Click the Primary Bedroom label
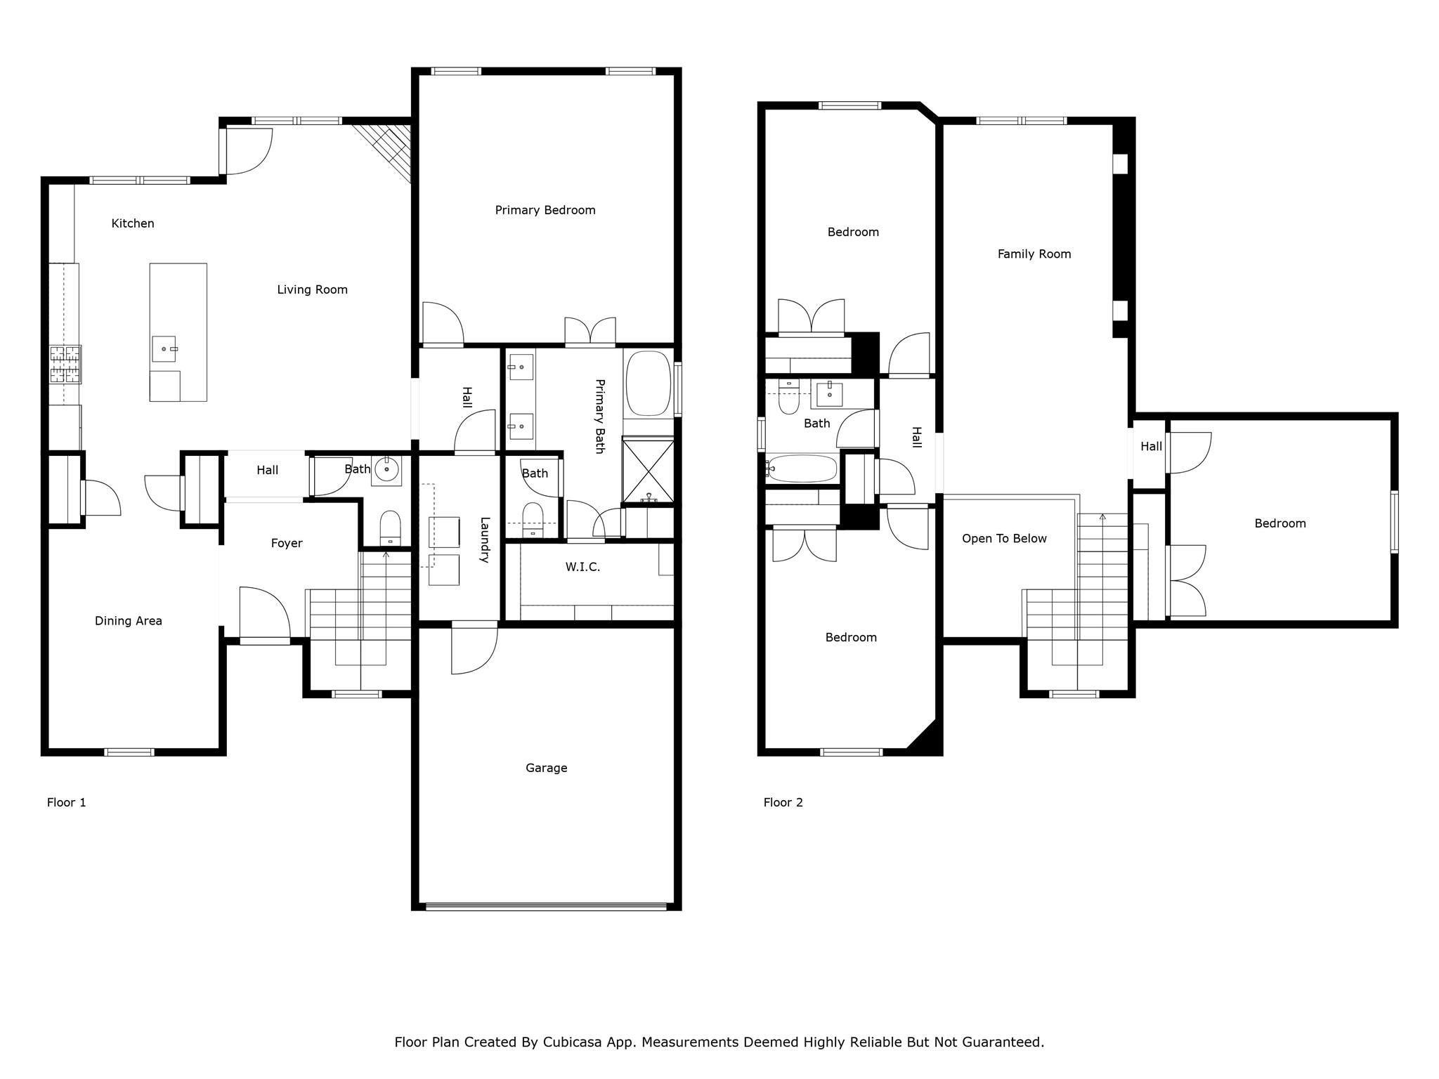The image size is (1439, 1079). click(x=545, y=210)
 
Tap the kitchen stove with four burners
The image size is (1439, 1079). click(x=65, y=364)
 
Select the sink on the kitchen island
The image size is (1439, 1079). click(x=164, y=348)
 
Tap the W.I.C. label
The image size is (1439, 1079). click(x=582, y=567)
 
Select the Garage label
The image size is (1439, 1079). click(x=546, y=768)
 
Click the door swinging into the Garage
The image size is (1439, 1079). click(x=472, y=650)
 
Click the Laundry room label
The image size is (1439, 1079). click(x=484, y=539)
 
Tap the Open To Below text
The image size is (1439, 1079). click(x=1004, y=539)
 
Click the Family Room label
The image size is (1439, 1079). click(x=1034, y=254)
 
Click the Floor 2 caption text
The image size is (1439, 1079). click(x=783, y=802)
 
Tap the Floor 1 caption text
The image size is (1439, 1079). click(x=66, y=802)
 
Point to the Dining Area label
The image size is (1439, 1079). click(x=128, y=621)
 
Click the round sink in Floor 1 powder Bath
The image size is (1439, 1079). click(x=386, y=469)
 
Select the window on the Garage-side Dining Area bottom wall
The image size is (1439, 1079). click(x=129, y=752)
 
